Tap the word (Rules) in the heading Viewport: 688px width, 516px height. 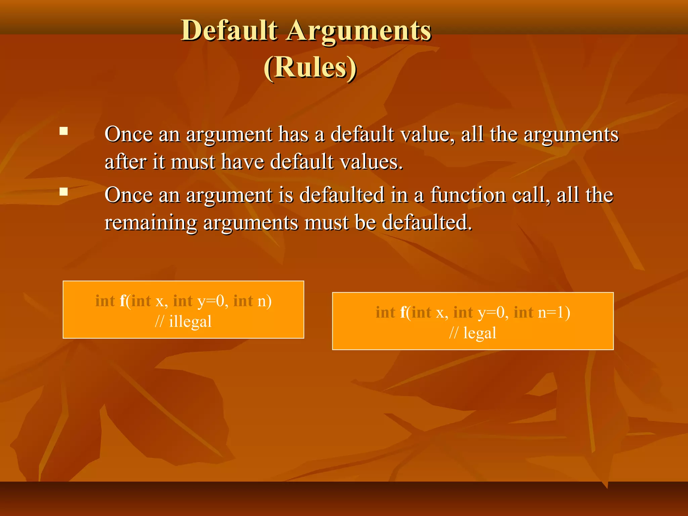[310, 67]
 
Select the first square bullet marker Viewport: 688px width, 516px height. [63, 131]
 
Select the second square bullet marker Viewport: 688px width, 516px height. [63, 191]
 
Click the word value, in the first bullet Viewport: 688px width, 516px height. [426, 134]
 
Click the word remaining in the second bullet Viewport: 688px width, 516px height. [151, 223]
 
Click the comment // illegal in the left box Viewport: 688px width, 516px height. [183, 321]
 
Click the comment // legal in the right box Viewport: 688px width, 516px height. [473, 333]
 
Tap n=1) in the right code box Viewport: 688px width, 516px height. [554, 312]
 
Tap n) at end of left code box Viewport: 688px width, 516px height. [264, 301]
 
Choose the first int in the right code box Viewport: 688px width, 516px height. [385, 312]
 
